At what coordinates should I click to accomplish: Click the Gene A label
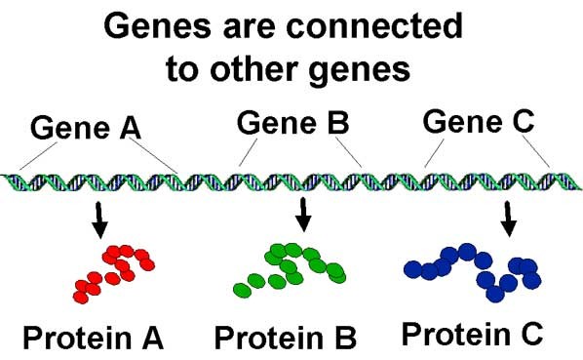coord(86,128)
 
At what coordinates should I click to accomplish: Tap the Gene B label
coord(293,123)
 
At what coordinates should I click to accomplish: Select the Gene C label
coord(479,121)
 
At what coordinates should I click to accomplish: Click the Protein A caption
coord(94,338)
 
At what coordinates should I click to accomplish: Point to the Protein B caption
coord(286,338)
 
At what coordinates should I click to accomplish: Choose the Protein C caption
coord(472,334)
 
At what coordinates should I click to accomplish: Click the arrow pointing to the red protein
coord(99,220)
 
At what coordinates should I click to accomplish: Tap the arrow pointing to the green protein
coord(304,215)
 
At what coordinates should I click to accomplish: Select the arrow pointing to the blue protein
coord(508,219)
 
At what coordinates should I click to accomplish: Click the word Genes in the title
coord(157,26)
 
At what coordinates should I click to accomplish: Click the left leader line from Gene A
coord(39,156)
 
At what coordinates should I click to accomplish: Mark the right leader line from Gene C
coord(536,151)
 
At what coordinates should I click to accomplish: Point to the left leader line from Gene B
coord(248,152)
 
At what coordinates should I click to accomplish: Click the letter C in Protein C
coord(529,334)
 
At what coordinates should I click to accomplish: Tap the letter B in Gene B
coord(338,123)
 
